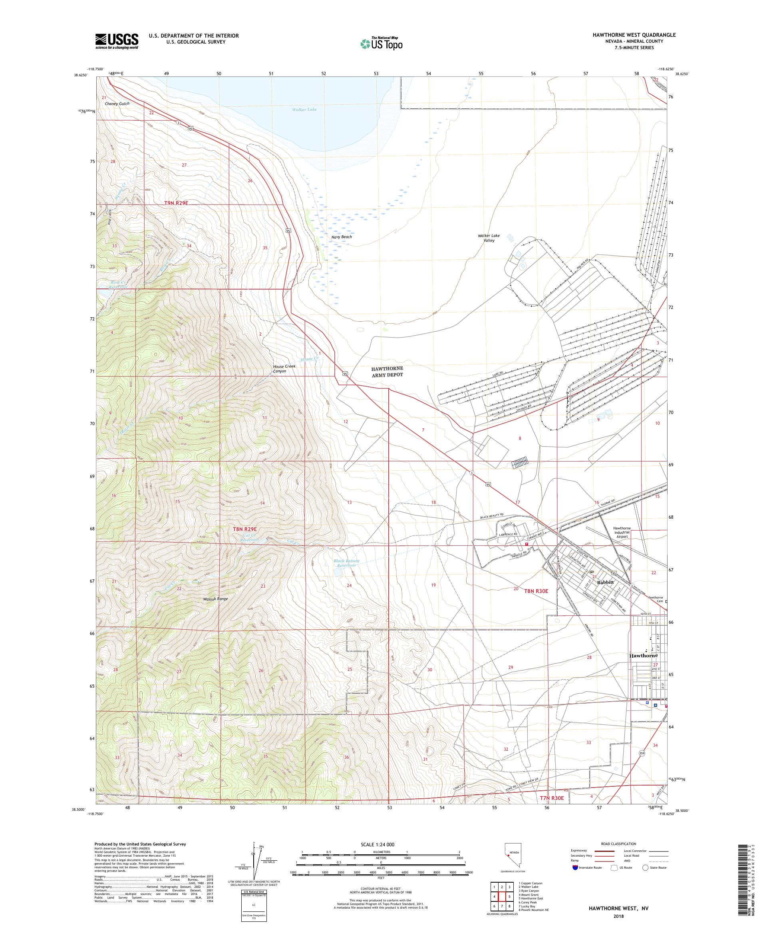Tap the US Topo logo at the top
(382, 43)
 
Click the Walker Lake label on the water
(304, 109)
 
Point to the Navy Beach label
(342, 237)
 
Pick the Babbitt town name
(605, 582)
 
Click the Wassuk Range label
(215, 599)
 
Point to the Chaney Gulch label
(117, 104)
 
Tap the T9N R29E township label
(179, 203)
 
